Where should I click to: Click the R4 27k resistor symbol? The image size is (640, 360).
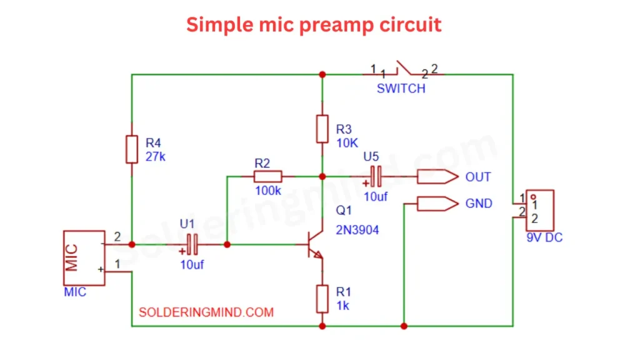tap(131, 149)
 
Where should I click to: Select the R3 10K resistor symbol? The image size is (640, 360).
tap(322, 129)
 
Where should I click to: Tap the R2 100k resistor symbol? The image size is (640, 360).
tap(267, 176)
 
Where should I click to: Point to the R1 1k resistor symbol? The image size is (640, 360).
tap(322, 299)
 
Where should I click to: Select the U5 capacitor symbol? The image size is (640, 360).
tap(376, 177)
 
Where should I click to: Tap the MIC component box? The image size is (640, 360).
tap(84, 257)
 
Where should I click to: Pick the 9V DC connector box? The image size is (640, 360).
tap(539, 209)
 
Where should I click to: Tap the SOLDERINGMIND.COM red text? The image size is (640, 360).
tap(206, 311)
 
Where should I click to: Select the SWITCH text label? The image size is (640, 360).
tap(401, 89)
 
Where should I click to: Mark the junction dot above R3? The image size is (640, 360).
tap(322, 74)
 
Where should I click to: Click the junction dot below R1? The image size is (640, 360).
tap(322, 326)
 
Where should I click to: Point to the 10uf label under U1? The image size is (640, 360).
tap(192, 264)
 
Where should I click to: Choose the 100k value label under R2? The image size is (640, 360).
tap(268, 191)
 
